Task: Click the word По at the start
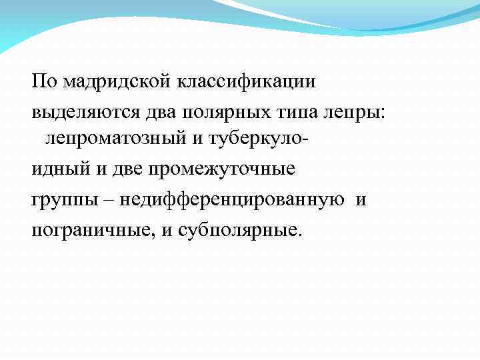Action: point(45,81)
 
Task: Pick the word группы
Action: point(56,199)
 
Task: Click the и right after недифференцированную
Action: point(361,199)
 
